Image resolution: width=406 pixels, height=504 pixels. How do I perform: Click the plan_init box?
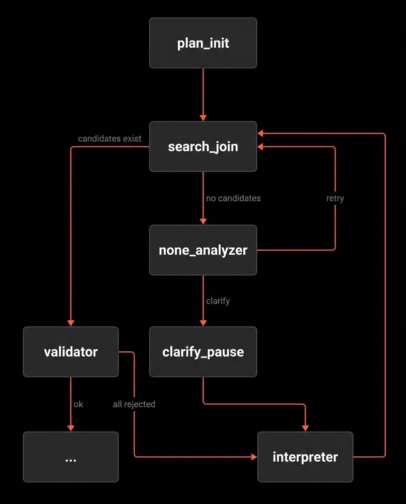pyautogui.click(x=203, y=43)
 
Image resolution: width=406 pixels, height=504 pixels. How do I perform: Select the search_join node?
pyautogui.click(x=203, y=147)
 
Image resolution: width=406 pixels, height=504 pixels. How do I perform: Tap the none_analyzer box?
pyautogui.click(x=203, y=250)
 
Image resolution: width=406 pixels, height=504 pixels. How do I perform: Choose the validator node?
pyautogui.click(x=71, y=352)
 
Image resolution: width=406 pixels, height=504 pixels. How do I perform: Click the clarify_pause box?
pyautogui.click(x=203, y=352)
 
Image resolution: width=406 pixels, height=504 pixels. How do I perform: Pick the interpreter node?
pyautogui.click(x=305, y=457)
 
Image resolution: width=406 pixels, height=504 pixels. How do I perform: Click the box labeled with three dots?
pyautogui.click(x=71, y=457)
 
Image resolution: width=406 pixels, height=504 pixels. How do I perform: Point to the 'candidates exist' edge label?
pyautogui.click(x=109, y=139)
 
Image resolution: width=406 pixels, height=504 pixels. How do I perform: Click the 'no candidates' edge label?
pyautogui.click(x=233, y=198)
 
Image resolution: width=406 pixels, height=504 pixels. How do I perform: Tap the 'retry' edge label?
pyautogui.click(x=335, y=198)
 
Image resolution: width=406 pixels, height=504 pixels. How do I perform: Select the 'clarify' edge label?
pyautogui.click(x=218, y=301)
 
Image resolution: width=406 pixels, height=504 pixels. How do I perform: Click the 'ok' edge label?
pyautogui.click(x=78, y=404)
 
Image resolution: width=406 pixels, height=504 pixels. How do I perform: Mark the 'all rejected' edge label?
pyautogui.click(x=134, y=404)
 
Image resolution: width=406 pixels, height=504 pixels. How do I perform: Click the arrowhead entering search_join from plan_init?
pyautogui.click(x=203, y=118)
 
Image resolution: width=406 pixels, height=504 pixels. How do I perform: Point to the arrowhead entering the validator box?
pyautogui.click(x=71, y=323)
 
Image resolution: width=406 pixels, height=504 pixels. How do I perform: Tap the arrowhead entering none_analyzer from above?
pyautogui.click(x=203, y=222)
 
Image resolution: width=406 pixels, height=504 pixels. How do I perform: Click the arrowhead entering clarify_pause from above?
pyautogui.click(x=203, y=323)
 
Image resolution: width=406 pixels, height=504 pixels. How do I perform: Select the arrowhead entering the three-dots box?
pyautogui.click(x=71, y=428)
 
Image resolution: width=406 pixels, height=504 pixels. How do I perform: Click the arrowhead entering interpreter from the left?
pyautogui.click(x=254, y=457)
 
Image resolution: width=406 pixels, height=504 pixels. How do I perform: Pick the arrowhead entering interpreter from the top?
pyautogui.click(x=305, y=428)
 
